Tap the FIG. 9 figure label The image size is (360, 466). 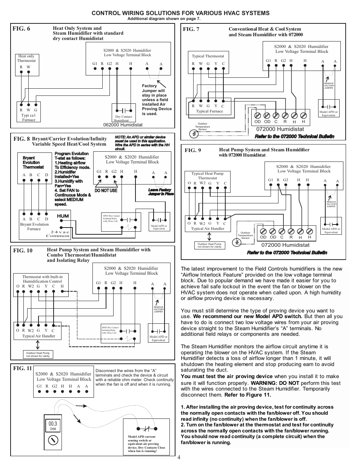(192, 150)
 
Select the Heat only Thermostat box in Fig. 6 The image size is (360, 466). (26, 64)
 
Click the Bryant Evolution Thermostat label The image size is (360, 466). (33, 163)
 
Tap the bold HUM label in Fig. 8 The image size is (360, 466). (63, 216)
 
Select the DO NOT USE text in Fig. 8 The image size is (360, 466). (106, 191)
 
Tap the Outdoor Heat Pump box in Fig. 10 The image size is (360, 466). (38, 354)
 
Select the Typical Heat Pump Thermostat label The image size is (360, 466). (207, 176)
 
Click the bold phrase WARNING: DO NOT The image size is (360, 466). (275, 383)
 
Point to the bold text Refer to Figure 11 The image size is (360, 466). (248, 395)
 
